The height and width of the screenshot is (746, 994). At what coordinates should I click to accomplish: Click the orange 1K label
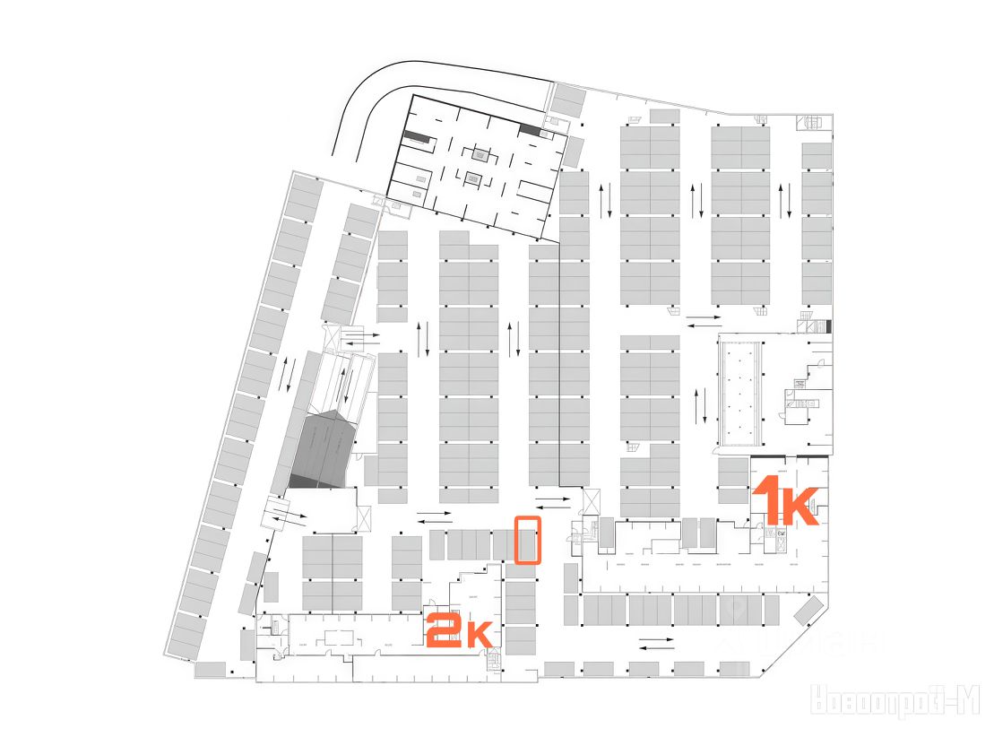(785, 502)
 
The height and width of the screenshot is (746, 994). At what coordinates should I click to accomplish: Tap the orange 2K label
(459, 630)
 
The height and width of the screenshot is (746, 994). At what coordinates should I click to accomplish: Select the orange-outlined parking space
(527, 540)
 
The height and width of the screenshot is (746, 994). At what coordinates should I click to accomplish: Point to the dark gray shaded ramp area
(324, 450)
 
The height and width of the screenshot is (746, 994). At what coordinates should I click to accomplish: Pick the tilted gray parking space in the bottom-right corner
(809, 611)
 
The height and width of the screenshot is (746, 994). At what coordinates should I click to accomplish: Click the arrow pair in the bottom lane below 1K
(657, 642)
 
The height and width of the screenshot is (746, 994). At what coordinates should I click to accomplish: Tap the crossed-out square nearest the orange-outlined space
(591, 499)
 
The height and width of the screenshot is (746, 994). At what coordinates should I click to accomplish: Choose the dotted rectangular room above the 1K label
(739, 391)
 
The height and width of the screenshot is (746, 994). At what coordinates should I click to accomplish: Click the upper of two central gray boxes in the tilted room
(479, 153)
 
